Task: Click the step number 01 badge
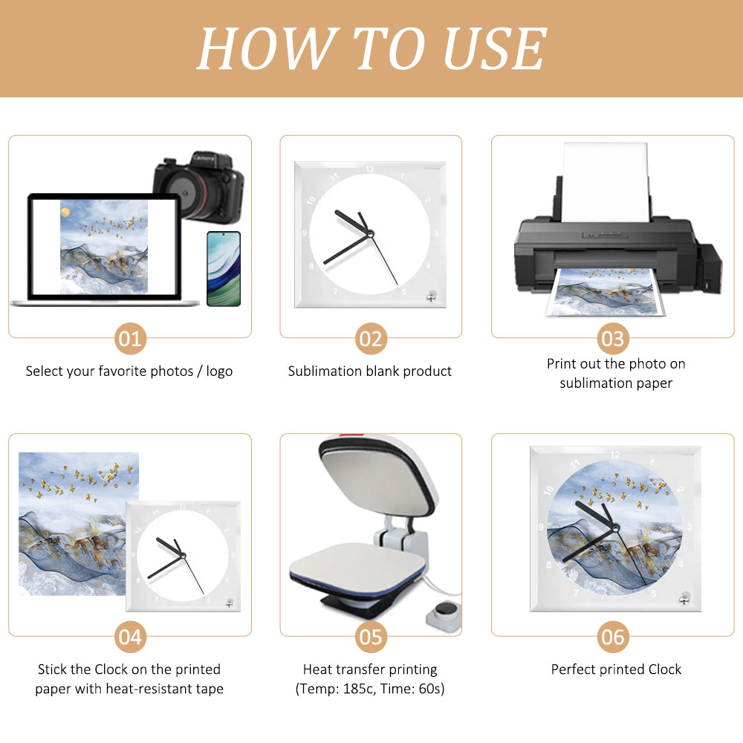tap(130, 339)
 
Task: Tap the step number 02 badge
tap(371, 339)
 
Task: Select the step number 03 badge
tap(613, 339)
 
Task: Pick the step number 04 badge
tap(130, 637)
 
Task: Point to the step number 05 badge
tap(371, 637)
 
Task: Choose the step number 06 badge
tap(613, 637)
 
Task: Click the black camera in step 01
tap(199, 187)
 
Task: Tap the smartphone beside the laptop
tap(224, 269)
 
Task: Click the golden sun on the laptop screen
tap(65, 212)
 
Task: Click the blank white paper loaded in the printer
tap(605, 183)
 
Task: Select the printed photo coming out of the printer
tap(606, 291)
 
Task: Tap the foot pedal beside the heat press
tap(444, 615)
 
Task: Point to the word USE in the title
tap(494, 48)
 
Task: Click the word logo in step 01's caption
tap(219, 371)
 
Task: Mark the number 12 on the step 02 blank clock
tap(370, 169)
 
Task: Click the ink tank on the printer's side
tap(710, 267)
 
